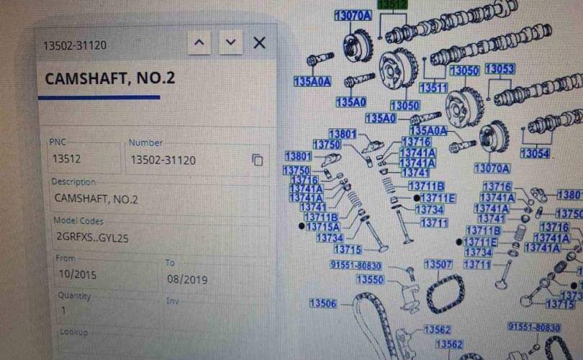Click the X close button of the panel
pyautogui.click(x=260, y=42)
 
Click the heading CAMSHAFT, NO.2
pyautogui.click(x=110, y=78)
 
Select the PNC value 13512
pyautogui.click(x=65, y=160)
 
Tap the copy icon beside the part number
pyautogui.click(x=257, y=160)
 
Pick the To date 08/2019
pyautogui.click(x=186, y=279)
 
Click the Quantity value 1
pyautogui.click(x=63, y=310)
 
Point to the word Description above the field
pyautogui.click(x=73, y=181)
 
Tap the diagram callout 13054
pyautogui.click(x=534, y=153)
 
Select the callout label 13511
pyautogui.click(x=433, y=88)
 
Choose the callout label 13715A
pyautogui.click(x=322, y=227)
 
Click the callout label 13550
pyautogui.click(x=370, y=279)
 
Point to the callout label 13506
pyautogui.click(x=323, y=304)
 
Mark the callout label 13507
pyautogui.click(x=438, y=264)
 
